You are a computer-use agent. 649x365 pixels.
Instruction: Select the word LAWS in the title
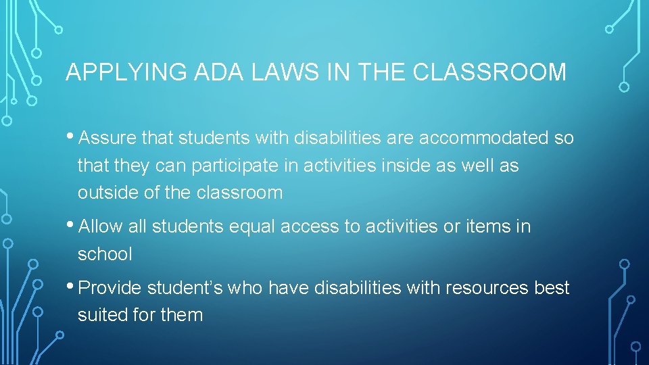pos(271,72)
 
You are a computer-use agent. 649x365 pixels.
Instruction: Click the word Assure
pos(108,139)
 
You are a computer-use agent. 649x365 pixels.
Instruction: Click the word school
pos(105,254)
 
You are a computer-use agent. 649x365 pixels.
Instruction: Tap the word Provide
pos(110,289)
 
